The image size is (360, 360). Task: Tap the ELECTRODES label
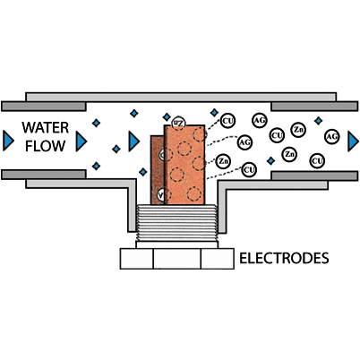click(284, 260)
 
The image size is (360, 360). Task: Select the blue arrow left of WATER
click(8, 139)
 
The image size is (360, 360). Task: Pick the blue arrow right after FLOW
click(81, 140)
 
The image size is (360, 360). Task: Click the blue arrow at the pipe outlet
click(352, 138)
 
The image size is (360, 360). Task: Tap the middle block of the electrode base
click(176, 259)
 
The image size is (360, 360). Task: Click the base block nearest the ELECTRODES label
click(216, 259)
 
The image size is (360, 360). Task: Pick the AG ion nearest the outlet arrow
click(331, 136)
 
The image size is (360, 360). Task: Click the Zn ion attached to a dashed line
click(223, 161)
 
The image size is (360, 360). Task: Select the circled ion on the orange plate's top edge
click(177, 121)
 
